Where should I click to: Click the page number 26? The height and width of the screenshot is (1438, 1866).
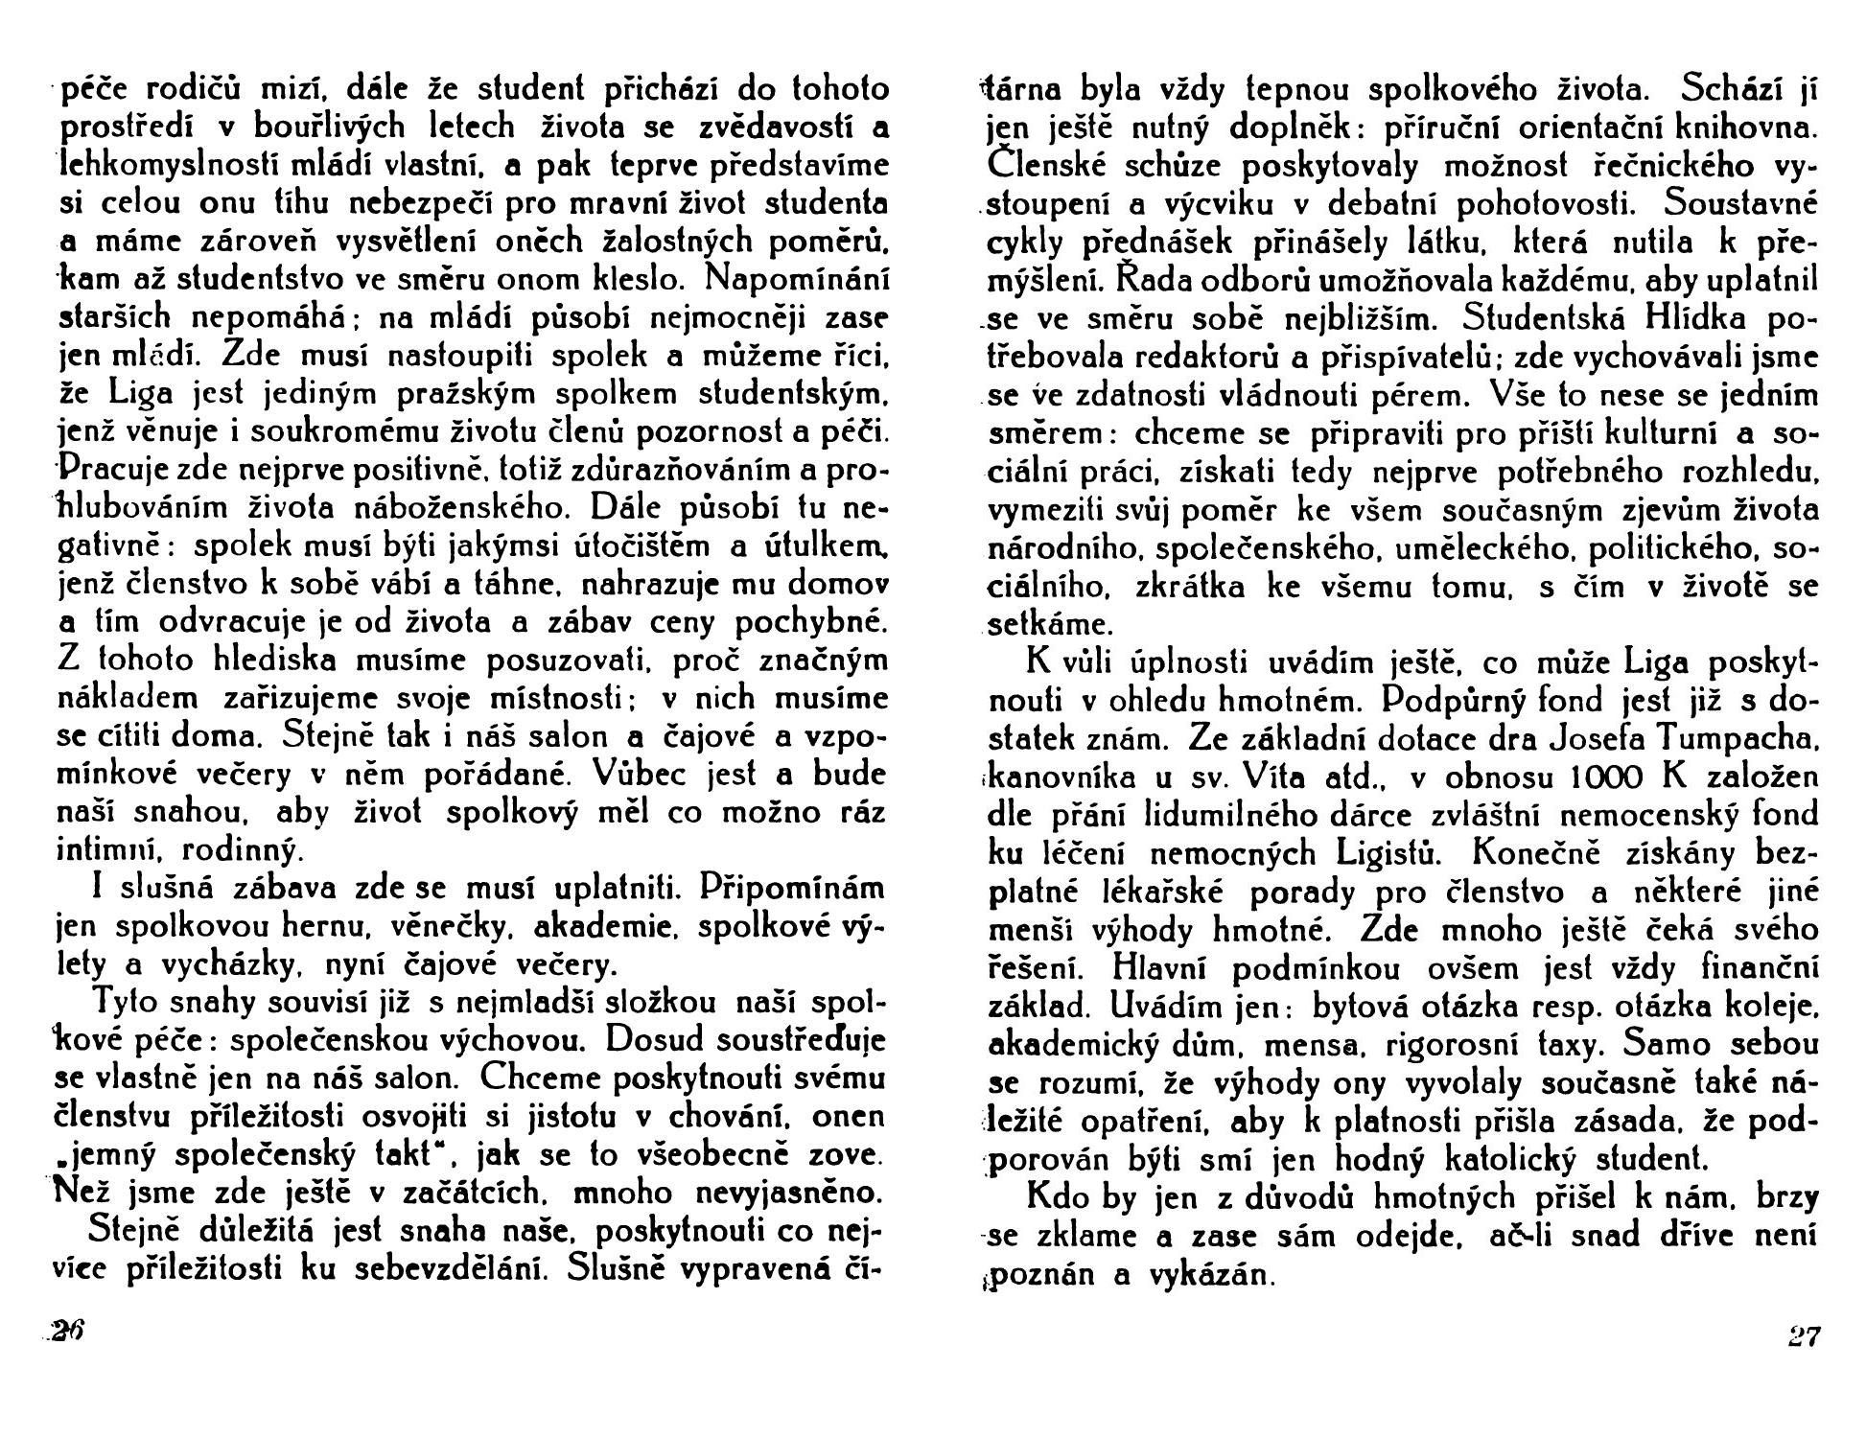coord(69,1333)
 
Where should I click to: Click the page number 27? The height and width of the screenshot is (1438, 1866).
coord(1803,1336)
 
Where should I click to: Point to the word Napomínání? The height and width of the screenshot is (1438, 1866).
coord(796,279)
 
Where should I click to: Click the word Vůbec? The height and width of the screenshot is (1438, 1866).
coord(637,774)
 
